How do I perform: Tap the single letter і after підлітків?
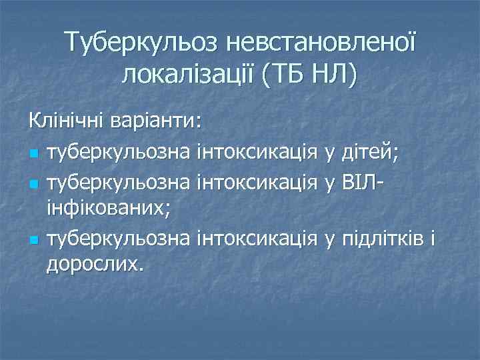[433, 237]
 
